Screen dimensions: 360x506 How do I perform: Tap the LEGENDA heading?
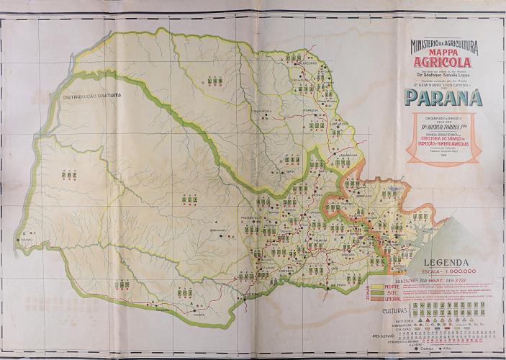pos(449,263)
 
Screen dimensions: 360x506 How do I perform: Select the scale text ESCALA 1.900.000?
pos(449,271)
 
